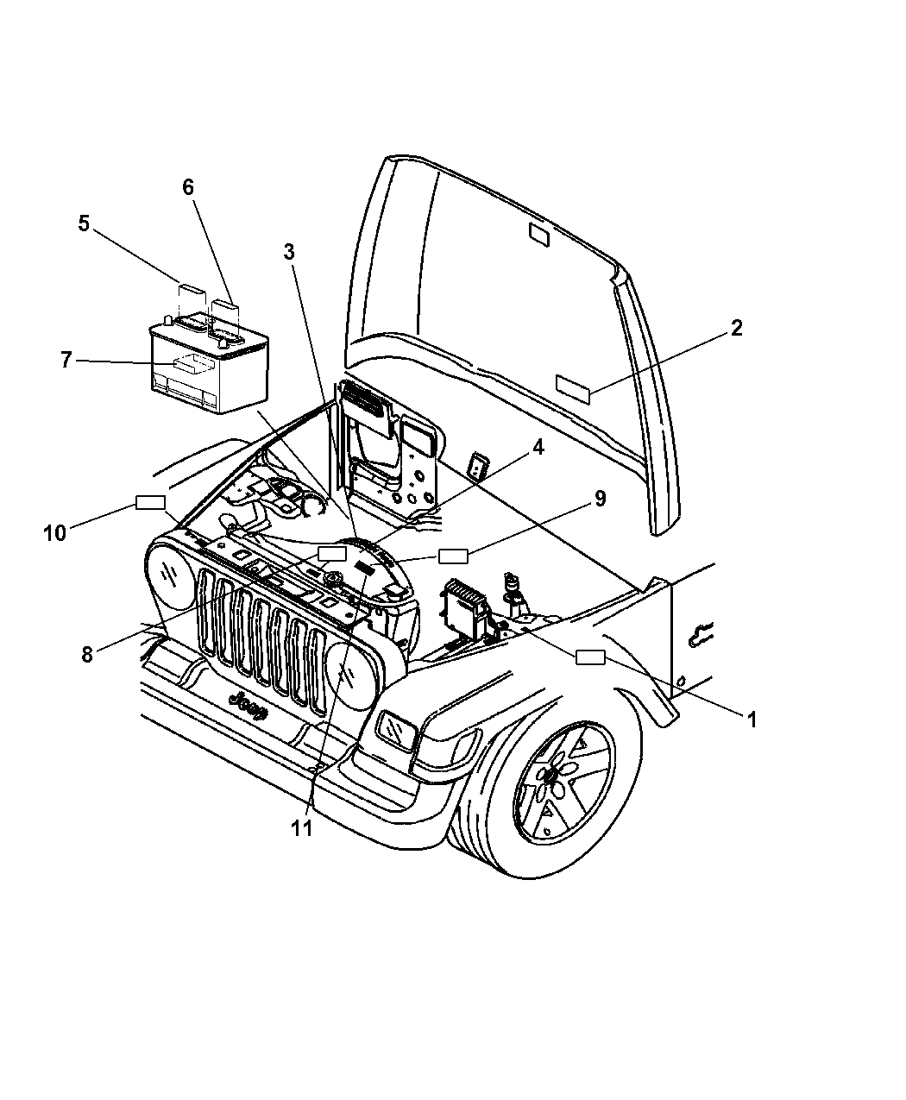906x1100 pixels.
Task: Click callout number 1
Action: [752, 719]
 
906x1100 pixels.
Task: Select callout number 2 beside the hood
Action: [735, 328]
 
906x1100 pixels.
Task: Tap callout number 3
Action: [289, 251]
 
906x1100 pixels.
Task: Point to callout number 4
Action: [538, 448]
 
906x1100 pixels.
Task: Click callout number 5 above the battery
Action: [84, 223]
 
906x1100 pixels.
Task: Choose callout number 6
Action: [188, 187]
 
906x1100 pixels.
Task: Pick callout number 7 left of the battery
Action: [66, 360]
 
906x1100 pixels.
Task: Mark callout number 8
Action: [86, 654]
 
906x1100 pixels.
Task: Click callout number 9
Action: [600, 499]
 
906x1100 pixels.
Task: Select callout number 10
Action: [54, 533]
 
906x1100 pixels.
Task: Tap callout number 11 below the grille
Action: [300, 829]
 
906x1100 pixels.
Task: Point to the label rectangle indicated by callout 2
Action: [574, 388]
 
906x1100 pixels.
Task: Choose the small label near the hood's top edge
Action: [538, 235]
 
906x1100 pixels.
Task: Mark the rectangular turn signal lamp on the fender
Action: [396, 731]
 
